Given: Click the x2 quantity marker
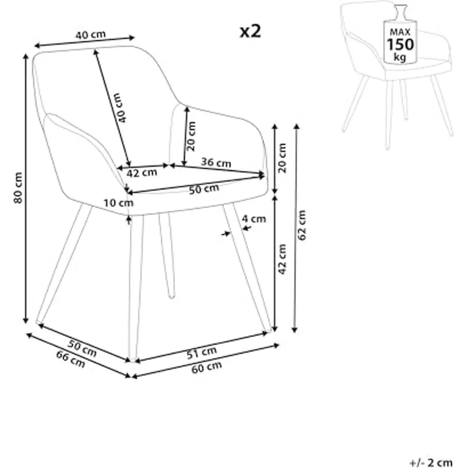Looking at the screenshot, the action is click(x=251, y=31).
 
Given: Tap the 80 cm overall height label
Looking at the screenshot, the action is click(x=18, y=188).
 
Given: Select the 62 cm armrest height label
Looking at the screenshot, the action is click(x=302, y=224).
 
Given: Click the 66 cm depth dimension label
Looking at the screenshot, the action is click(x=71, y=359).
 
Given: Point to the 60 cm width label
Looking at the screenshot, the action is click(x=207, y=368).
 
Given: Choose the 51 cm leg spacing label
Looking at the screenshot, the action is click(x=202, y=353).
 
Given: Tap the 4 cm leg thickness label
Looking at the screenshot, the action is click(x=254, y=219).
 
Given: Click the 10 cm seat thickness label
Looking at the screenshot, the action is click(x=118, y=203).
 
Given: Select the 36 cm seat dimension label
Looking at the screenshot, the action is click(x=216, y=162).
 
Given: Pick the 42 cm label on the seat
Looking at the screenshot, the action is click(x=142, y=172).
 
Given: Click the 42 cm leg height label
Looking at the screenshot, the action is click(x=282, y=259).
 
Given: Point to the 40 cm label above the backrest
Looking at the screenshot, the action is click(x=90, y=34).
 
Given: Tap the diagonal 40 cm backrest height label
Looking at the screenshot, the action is click(x=121, y=107).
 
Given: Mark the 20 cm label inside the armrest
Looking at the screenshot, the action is click(x=191, y=136).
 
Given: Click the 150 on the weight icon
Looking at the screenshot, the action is click(x=400, y=44).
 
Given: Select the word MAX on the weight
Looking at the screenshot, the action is click(x=400, y=32).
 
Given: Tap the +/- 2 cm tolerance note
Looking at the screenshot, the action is click(x=431, y=462).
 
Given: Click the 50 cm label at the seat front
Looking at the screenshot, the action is click(x=204, y=189).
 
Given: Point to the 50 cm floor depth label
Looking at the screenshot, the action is click(x=82, y=348).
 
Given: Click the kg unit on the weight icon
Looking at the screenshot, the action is click(x=400, y=57).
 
